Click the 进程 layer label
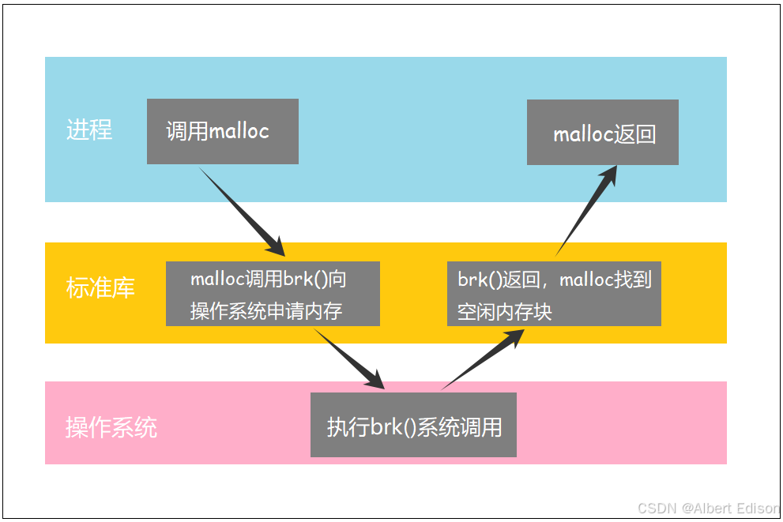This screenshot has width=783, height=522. tap(89, 130)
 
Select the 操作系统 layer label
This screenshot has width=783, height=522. tap(111, 428)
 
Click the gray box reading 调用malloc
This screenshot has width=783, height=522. tap(222, 131)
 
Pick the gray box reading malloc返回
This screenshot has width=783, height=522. tap(602, 133)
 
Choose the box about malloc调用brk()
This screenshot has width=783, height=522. tap(273, 294)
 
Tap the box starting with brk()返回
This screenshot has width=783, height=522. tap(554, 294)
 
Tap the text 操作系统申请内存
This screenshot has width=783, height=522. tap(266, 311)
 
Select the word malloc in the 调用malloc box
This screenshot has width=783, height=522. tap(239, 131)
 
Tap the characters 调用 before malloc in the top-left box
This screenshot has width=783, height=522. tap(186, 131)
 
